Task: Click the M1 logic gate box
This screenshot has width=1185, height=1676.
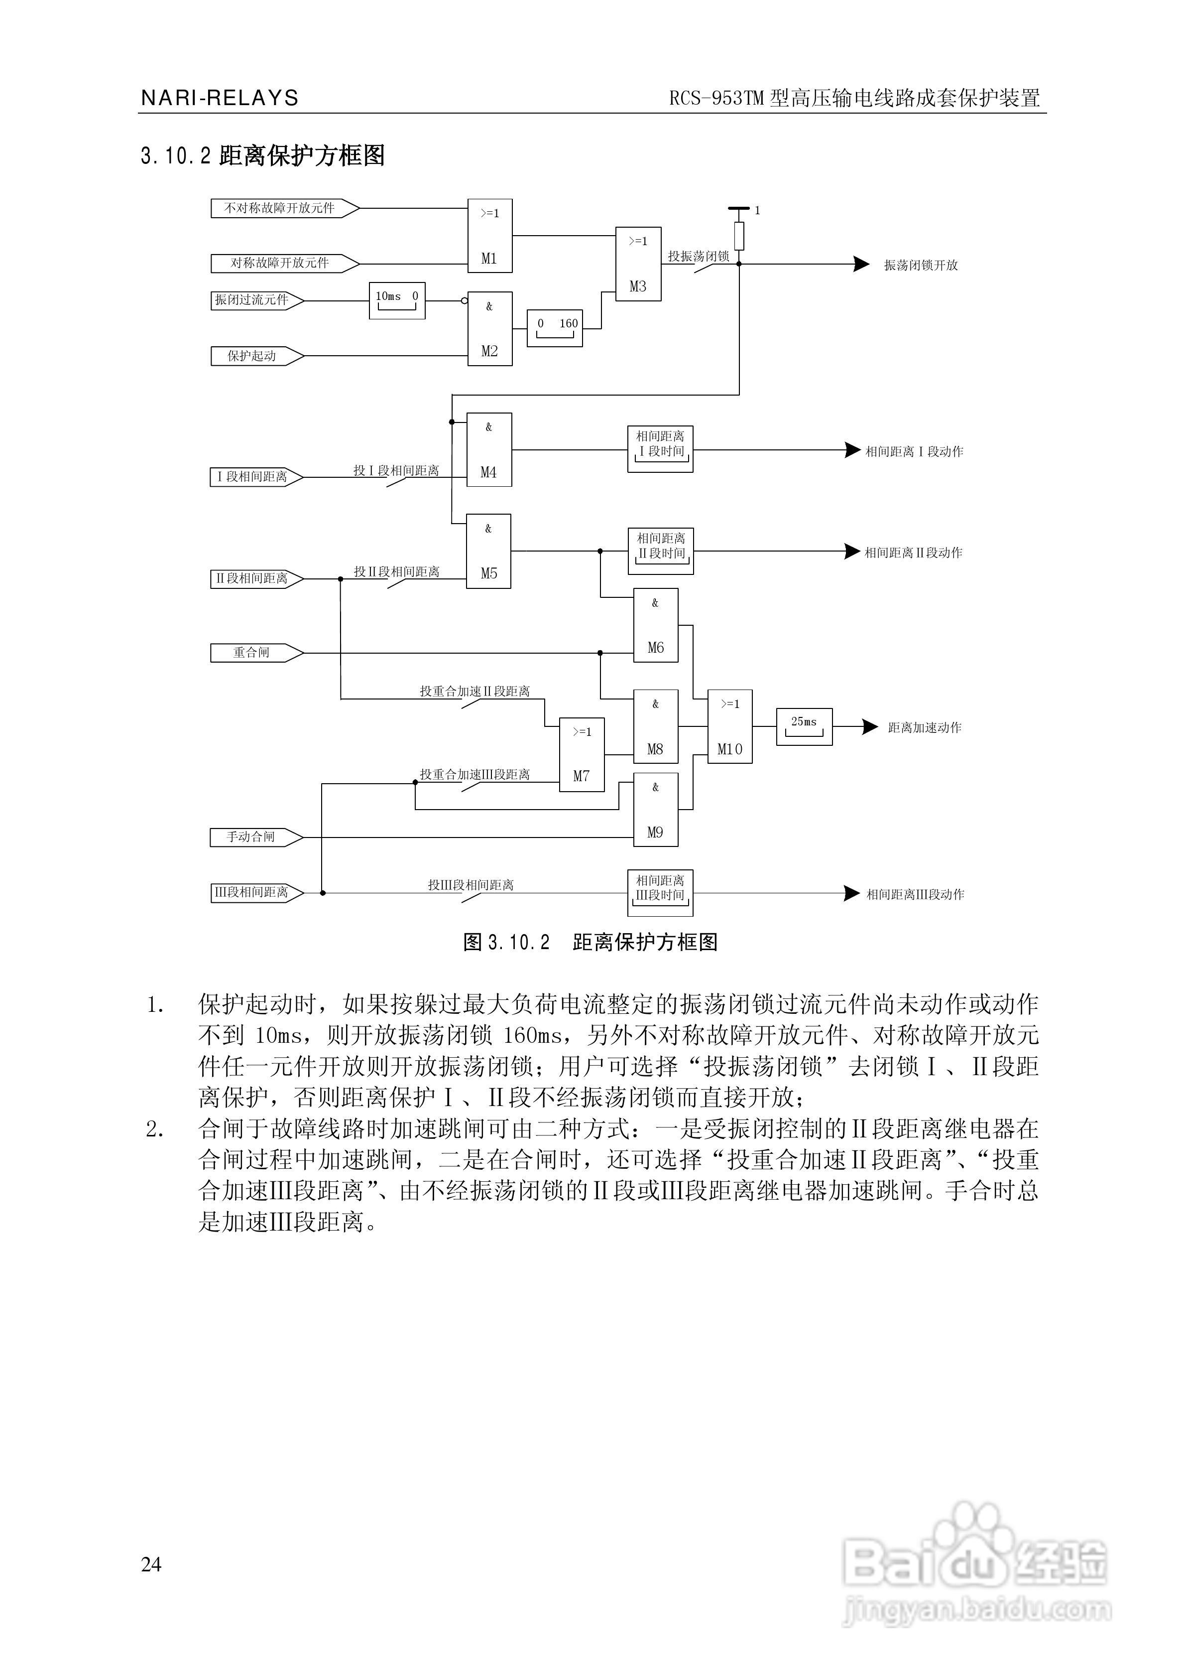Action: [x=489, y=235]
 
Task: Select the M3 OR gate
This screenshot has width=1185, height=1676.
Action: [x=638, y=264]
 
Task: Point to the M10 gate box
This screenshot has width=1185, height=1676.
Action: [x=730, y=726]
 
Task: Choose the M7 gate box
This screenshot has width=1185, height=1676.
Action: [x=582, y=754]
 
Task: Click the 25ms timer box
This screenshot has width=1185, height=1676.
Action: [x=804, y=726]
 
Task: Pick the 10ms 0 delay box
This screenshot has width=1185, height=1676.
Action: [x=397, y=300]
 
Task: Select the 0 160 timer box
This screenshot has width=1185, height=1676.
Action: [x=555, y=328]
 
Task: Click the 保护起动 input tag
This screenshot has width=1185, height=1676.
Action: [x=252, y=356]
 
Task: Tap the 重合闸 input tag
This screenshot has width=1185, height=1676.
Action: [x=252, y=653]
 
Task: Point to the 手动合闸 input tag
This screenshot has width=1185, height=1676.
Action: [x=252, y=838]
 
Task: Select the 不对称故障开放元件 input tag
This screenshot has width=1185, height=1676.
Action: [x=280, y=208]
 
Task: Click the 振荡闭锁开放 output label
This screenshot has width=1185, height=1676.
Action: [x=921, y=265]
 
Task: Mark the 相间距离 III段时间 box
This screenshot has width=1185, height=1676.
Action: [x=660, y=892]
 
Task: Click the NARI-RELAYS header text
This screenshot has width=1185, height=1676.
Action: [x=220, y=98]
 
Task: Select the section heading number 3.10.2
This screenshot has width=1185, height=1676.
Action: [x=176, y=155]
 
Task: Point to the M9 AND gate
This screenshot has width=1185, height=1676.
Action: [x=655, y=810]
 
